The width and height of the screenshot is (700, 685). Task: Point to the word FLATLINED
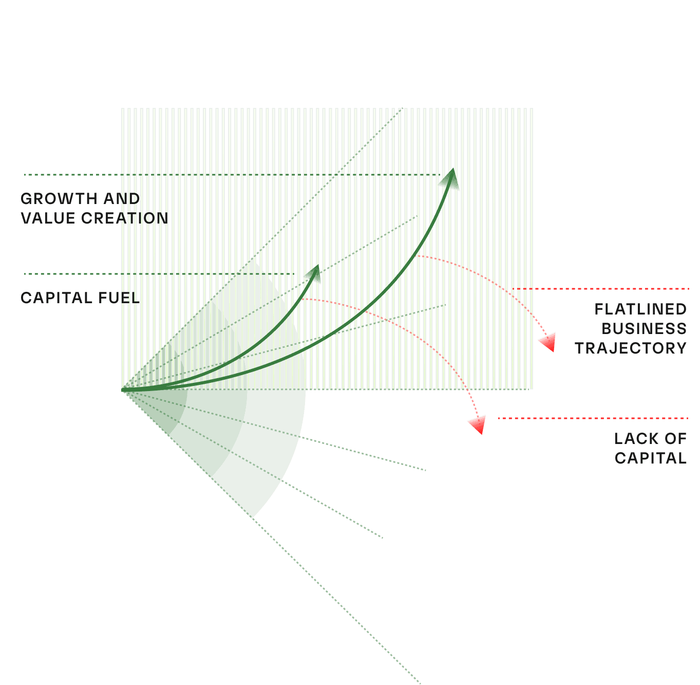click(x=640, y=309)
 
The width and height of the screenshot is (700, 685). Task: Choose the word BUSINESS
click(x=644, y=329)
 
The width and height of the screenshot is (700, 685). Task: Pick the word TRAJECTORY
click(x=630, y=348)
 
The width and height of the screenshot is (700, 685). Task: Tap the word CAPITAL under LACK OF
click(x=650, y=458)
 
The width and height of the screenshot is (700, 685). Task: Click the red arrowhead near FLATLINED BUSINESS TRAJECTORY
click(x=548, y=342)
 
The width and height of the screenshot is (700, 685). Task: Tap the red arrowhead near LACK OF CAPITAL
click(x=478, y=425)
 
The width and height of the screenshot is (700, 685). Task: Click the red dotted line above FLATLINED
click(x=601, y=289)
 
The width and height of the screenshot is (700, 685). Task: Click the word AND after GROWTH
click(x=121, y=199)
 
